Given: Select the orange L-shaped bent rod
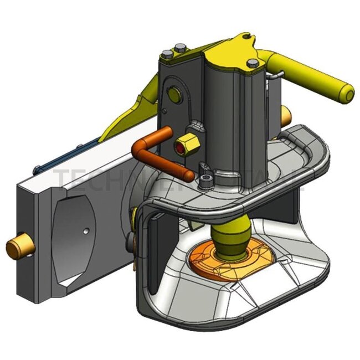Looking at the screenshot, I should (161, 156).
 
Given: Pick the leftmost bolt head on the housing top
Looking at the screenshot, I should (167, 54).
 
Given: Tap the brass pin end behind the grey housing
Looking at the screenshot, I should (286, 116).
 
